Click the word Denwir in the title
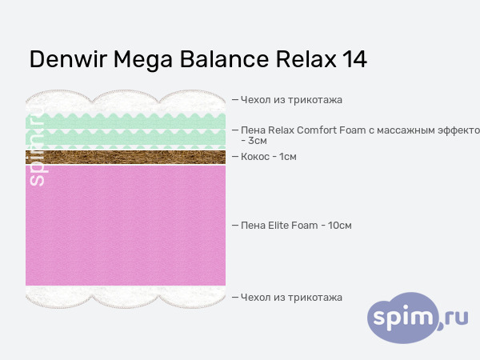tap(67, 60)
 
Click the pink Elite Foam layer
tap(126, 226)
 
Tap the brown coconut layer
tap(126, 157)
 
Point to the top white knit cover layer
tap(126, 103)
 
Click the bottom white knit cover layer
tap(126, 297)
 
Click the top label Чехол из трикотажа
tap(291, 100)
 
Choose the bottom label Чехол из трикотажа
tap(291, 298)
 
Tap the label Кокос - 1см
tap(269, 157)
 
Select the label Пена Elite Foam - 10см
tap(296, 226)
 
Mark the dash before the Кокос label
tap(235, 157)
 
